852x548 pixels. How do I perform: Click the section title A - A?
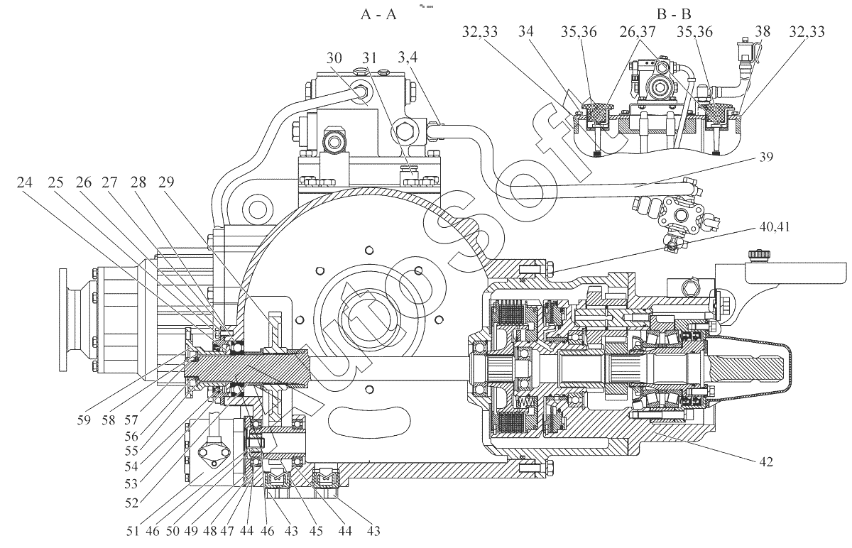(x=378, y=14)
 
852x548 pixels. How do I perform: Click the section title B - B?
(x=674, y=14)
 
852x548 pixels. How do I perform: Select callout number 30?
(x=334, y=58)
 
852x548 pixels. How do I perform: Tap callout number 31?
(x=369, y=58)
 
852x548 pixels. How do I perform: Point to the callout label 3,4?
(x=408, y=57)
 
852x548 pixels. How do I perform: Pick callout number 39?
(x=766, y=157)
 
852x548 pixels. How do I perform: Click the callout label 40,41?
(x=775, y=227)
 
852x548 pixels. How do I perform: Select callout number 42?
(x=766, y=461)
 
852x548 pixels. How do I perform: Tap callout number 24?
(x=25, y=182)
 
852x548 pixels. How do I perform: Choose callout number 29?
(x=166, y=182)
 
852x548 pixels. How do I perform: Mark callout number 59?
(x=84, y=420)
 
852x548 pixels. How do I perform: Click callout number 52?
(x=131, y=503)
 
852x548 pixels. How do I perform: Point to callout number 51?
(x=133, y=531)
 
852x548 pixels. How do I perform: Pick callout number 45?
(x=316, y=531)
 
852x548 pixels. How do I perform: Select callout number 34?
(x=526, y=32)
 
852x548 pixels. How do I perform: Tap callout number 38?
(x=763, y=32)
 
